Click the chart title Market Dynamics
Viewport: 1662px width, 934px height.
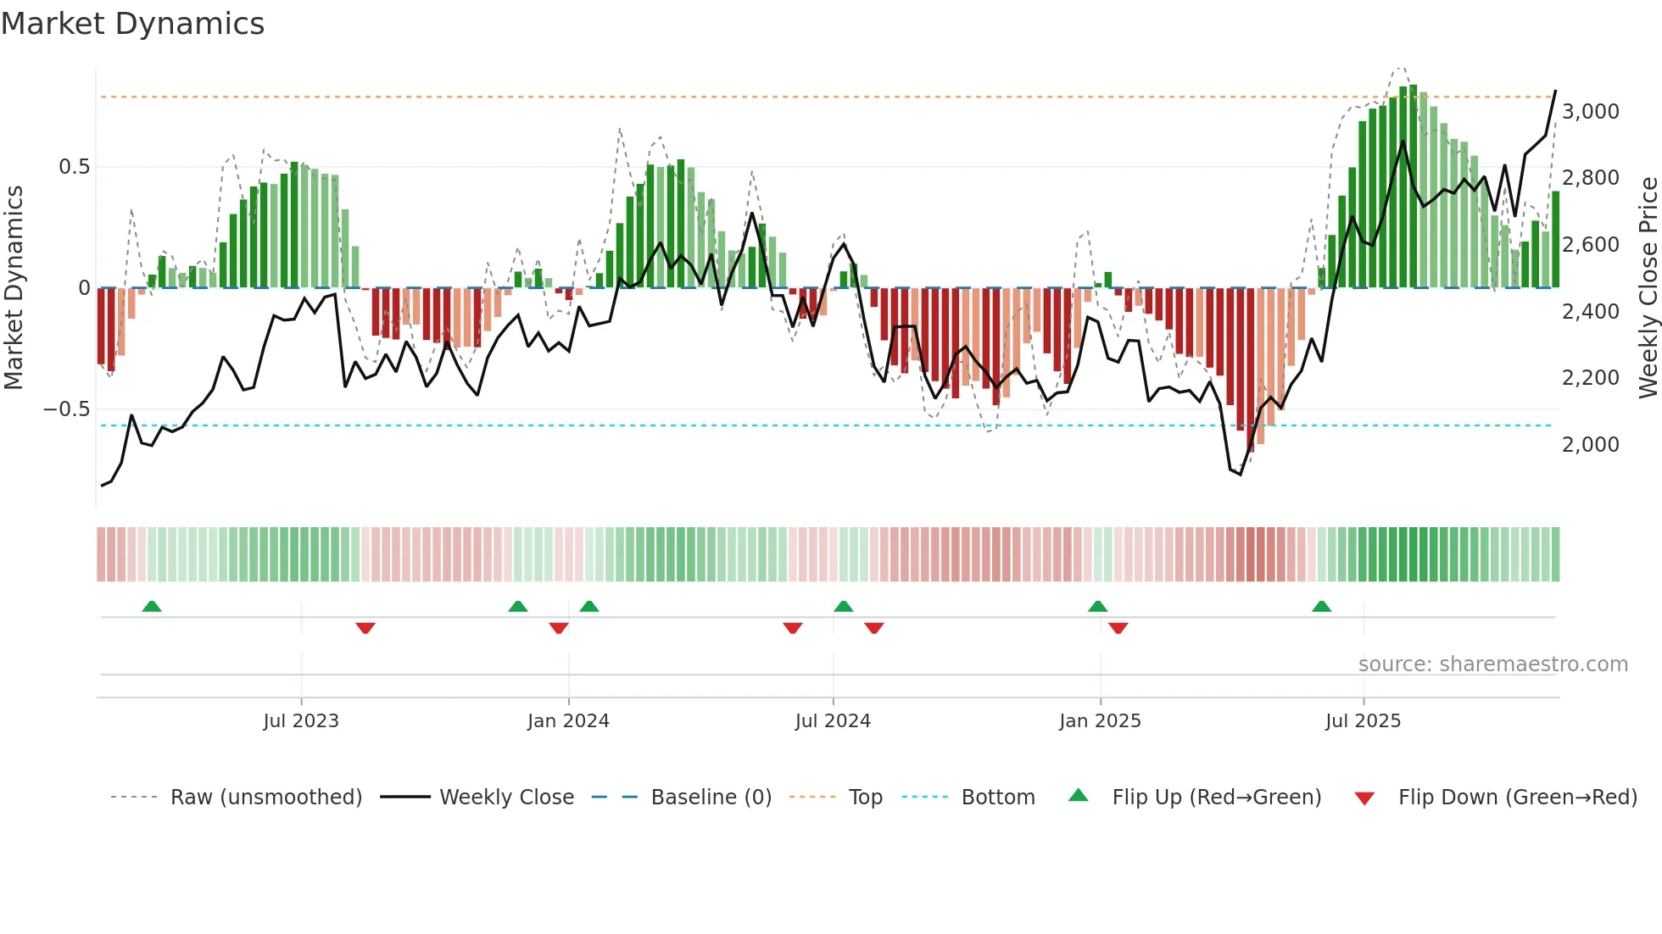(133, 24)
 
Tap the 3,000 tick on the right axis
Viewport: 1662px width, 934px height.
(1590, 112)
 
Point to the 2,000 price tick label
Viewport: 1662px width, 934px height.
(1590, 445)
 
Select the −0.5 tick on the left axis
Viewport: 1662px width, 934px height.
(66, 409)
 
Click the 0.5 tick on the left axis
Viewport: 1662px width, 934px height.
(74, 167)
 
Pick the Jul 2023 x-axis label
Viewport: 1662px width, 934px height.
(301, 721)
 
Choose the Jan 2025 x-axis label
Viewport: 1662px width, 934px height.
(1100, 721)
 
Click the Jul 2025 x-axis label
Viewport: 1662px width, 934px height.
(1363, 721)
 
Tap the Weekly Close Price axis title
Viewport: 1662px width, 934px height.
(1648, 287)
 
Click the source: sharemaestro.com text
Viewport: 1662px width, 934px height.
(1492, 664)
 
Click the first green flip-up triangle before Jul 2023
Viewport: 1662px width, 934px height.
(152, 607)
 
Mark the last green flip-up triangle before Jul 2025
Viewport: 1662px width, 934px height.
(1321, 607)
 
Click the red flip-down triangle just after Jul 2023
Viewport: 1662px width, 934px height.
(365, 628)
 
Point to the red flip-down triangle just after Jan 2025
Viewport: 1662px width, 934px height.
(1118, 628)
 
